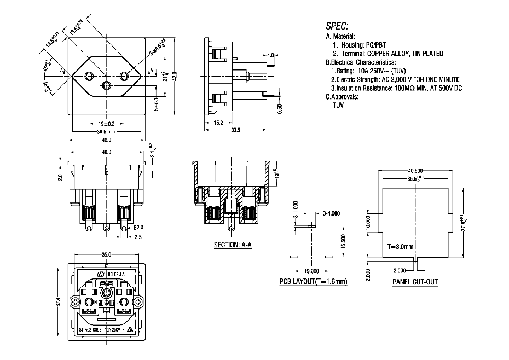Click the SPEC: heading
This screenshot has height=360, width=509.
[x=337, y=26]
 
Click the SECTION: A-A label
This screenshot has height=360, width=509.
[x=232, y=245]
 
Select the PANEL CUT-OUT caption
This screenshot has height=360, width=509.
[x=414, y=282]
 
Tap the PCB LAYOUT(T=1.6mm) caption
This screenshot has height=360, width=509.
[x=313, y=282]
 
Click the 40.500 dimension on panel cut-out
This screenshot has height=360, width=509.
[x=415, y=170]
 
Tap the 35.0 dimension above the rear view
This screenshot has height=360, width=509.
[x=106, y=254]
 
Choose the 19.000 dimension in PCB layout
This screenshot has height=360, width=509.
[x=310, y=271]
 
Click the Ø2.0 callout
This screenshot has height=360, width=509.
[x=139, y=227]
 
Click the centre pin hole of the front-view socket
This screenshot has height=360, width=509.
[x=106, y=85]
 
